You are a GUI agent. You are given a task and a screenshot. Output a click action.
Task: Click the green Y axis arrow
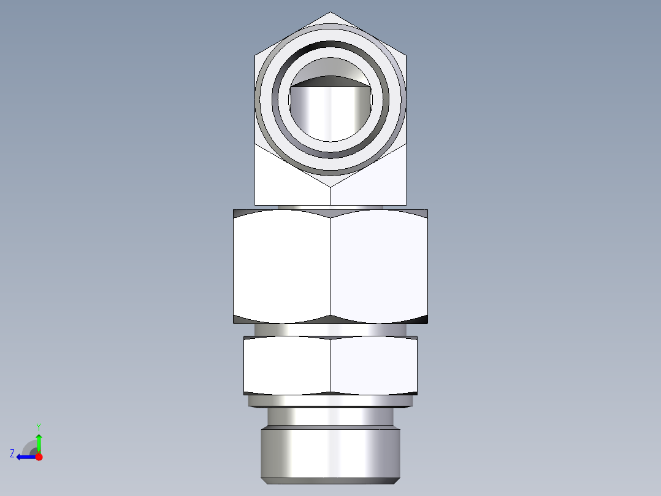(39, 442)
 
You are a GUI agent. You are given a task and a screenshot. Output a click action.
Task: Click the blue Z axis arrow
(25, 457)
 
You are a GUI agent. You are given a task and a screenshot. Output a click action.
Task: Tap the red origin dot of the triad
(39, 457)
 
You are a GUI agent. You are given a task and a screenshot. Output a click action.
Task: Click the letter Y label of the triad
(38, 426)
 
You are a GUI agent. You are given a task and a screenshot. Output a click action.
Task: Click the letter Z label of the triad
(12, 454)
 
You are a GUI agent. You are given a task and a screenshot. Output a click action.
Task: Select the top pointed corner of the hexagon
(330, 13)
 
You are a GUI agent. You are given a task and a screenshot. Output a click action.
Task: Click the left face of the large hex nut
(282, 267)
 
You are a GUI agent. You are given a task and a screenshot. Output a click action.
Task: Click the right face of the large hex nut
(379, 267)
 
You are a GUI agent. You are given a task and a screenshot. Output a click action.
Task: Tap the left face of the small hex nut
(287, 365)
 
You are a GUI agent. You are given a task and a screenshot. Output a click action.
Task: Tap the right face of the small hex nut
(374, 365)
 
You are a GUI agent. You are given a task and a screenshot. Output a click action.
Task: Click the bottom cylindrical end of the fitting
(330, 454)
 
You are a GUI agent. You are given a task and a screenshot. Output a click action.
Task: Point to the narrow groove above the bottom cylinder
(330, 417)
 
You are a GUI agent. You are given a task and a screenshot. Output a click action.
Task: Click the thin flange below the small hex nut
(330, 401)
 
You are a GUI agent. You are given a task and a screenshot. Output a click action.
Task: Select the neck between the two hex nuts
(330, 330)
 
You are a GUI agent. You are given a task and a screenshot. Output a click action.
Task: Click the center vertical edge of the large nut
(330, 267)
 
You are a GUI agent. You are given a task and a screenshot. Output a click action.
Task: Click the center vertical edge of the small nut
(330, 365)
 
